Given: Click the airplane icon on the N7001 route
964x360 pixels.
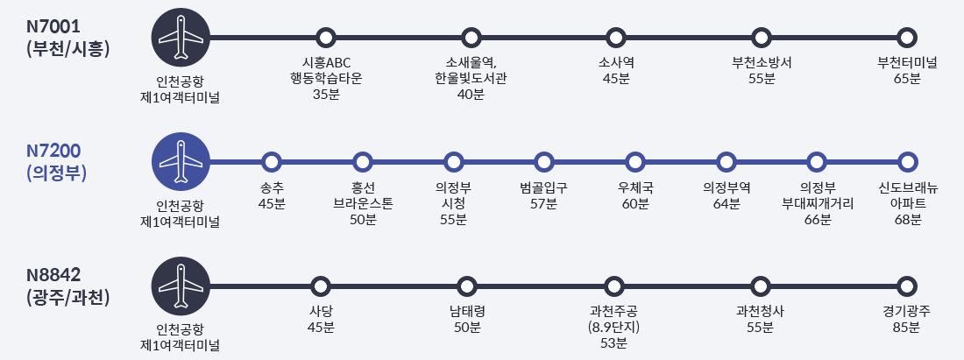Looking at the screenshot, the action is point(181,38).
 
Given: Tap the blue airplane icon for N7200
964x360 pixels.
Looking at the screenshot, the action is point(181,162).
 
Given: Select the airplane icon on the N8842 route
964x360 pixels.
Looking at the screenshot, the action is point(181,286).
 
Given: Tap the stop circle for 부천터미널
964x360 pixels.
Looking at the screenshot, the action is point(908,38).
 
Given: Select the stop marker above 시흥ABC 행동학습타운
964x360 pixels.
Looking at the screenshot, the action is point(326,38).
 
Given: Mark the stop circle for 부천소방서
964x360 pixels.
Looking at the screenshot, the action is point(762,38).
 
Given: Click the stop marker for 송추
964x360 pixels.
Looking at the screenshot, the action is point(272,162).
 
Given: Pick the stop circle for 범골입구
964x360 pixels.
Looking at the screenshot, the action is point(544,162).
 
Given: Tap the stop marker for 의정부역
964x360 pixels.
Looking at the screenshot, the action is point(726,162).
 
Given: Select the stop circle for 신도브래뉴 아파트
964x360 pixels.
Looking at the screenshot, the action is point(908,162).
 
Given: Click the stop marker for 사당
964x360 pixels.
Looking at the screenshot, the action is point(321,286).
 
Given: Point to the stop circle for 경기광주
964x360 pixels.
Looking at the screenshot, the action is point(908,286).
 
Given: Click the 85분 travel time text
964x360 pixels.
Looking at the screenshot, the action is point(907,328).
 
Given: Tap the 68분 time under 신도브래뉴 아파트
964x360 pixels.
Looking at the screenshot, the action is point(907,220).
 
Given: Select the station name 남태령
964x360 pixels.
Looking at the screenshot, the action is point(467,311).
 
